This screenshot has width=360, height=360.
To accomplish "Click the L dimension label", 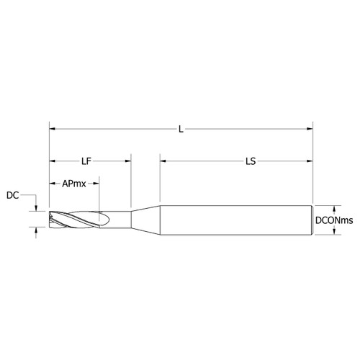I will tap(181, 130).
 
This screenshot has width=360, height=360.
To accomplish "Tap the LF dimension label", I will tap(86, 161).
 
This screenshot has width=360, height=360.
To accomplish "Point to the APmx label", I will tap(74, 184).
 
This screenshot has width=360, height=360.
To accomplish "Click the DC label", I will tap(13, 195).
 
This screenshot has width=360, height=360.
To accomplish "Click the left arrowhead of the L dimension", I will tap(53, 130).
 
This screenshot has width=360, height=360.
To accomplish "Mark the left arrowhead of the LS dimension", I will tap(163, 161).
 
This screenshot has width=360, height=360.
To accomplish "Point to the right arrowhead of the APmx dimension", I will tap(96, 184).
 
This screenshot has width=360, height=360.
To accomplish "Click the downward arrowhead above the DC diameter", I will tap(35, 210).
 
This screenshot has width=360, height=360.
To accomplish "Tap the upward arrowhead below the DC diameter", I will tap(35, 230).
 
